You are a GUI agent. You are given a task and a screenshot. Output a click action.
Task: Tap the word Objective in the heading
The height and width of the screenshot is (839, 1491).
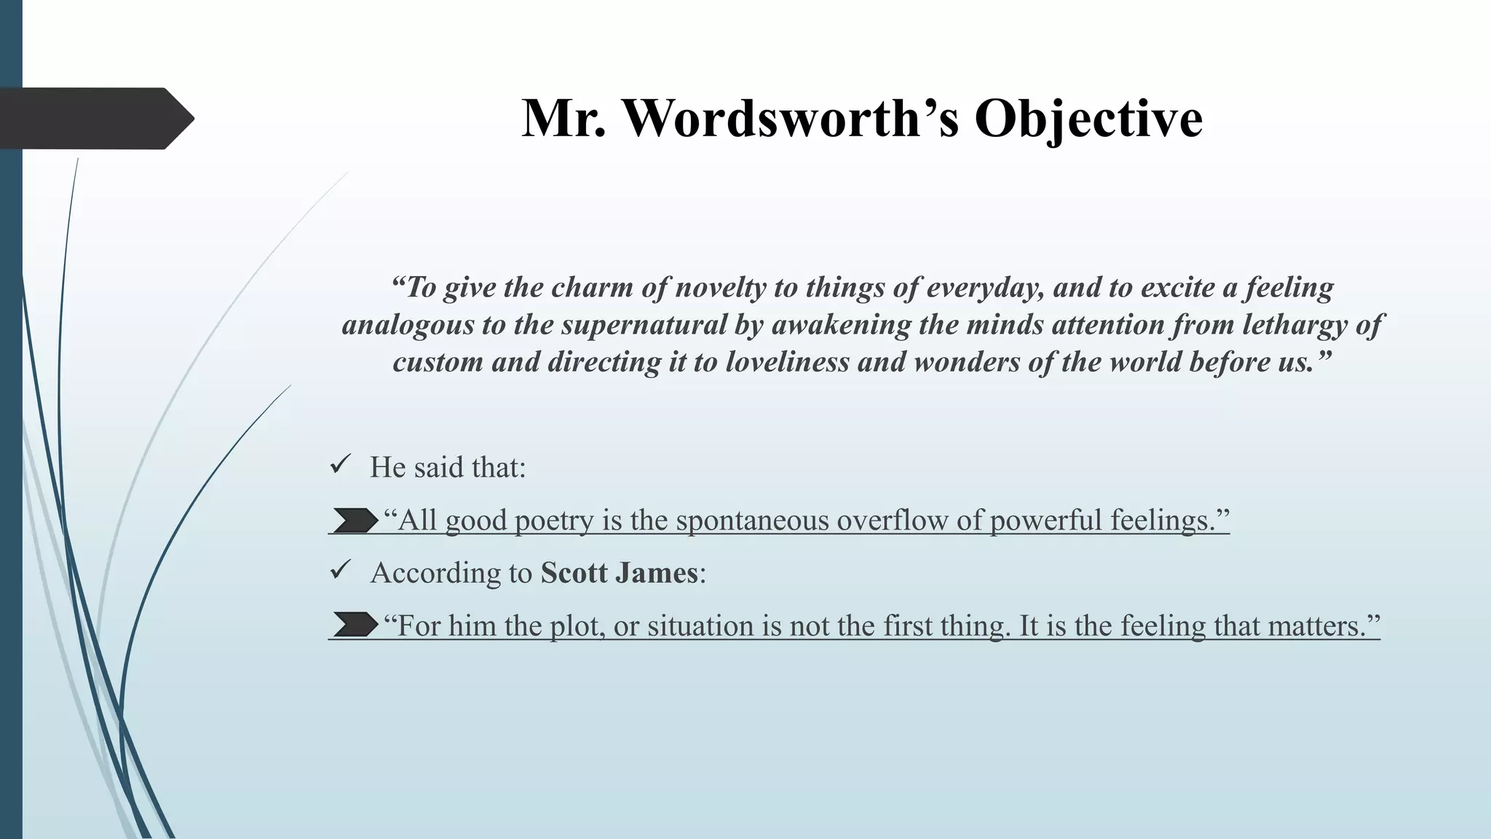pos(1088,118)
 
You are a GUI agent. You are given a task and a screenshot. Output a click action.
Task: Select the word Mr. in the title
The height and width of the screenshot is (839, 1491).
pos(563,118)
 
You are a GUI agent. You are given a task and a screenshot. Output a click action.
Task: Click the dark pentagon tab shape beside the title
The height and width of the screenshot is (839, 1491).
pos(95,118)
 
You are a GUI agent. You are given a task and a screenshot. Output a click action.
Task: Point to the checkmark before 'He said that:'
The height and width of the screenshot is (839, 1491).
pos(340,464)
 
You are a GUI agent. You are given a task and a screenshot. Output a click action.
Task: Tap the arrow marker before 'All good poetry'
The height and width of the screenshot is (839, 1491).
pos(355,521)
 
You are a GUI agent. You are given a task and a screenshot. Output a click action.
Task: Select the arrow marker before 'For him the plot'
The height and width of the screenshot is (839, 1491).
pos(355,625)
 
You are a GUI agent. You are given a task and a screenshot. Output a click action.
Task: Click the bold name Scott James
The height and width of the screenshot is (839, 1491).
pos(619,572)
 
